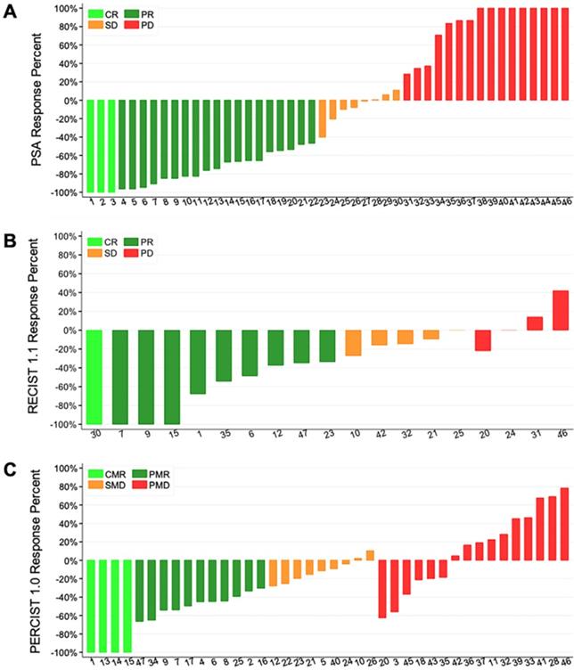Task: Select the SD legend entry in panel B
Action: tap(109, 254)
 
